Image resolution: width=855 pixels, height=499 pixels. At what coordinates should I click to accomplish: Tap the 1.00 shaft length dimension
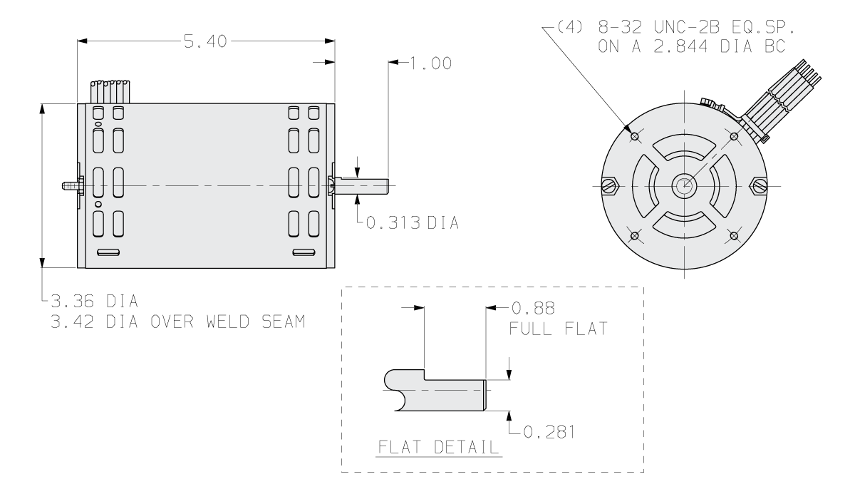coord(428,63)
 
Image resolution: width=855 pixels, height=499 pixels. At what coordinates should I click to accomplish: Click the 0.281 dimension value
coord(549,432)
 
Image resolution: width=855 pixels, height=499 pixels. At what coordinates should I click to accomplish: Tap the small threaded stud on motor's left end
coord(71,185)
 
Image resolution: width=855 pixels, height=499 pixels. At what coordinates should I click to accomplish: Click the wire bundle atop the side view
coord(110,91)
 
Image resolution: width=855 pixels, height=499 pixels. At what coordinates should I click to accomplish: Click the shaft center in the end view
coord(683,186)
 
